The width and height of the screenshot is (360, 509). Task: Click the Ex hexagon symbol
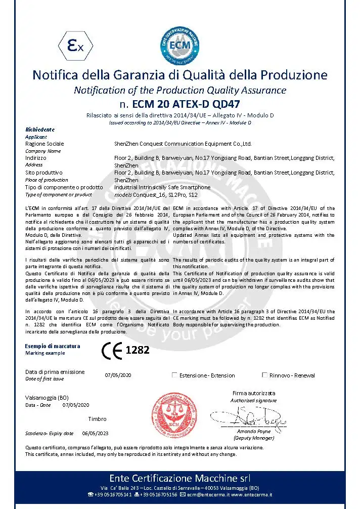click(x=75, y=47)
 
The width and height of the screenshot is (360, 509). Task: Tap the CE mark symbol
click(x=112, y=350)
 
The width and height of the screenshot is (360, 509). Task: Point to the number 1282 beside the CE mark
click(x=138, y=350)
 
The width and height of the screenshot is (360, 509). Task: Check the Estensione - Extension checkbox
click(x=174, y=375)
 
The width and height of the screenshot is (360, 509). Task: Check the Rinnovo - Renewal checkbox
click(x=264, y=375)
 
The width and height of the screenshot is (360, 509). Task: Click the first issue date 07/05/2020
click(x=118, y=375)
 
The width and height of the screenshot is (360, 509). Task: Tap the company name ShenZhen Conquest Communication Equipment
click(x=183, y=144)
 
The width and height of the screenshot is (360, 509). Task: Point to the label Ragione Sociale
click(x=44, y=144)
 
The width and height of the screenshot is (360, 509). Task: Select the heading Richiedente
click(x=40, y=130)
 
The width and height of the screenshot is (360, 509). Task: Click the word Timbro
click(x=97, y=419)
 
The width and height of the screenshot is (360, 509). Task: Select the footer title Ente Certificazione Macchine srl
click(x=179, y=478)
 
